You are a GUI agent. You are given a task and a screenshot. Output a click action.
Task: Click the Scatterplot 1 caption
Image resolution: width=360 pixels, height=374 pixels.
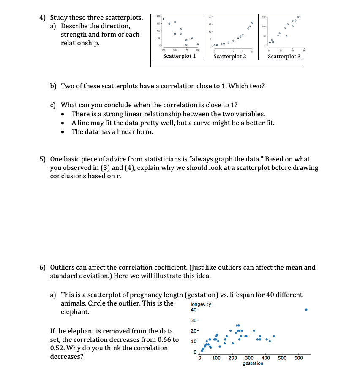[x=179, y=56]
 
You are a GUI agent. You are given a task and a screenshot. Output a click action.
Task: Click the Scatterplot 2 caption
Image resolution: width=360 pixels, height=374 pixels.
[x=229, y=56]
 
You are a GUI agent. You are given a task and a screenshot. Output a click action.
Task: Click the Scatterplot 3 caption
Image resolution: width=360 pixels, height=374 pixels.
[x=284, y=56]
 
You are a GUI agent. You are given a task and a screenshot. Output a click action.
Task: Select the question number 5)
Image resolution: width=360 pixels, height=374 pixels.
[x=43, y=159]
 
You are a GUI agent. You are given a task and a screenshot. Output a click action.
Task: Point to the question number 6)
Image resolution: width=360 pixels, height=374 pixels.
[x=43, y=267]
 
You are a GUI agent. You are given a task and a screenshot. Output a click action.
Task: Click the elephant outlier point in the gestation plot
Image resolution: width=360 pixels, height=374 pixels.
[x=306, y=310]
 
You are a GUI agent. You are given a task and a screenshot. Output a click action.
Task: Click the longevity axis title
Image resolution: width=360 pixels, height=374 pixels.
[x=201, y=304]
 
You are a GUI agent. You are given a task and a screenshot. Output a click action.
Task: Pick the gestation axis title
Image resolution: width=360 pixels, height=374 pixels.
[x=253, y=363]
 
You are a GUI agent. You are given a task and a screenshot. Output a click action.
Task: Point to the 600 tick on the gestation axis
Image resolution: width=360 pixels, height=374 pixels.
[x=298, y=358]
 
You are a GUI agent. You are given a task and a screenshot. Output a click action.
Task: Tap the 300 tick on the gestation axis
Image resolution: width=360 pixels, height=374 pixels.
[x=249, y=358]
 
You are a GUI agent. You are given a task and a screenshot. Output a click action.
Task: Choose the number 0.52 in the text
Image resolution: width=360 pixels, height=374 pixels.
[x=57, y=348]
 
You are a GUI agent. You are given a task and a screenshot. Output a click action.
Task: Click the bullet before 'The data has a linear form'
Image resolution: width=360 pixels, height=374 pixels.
[x=63, y=132]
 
